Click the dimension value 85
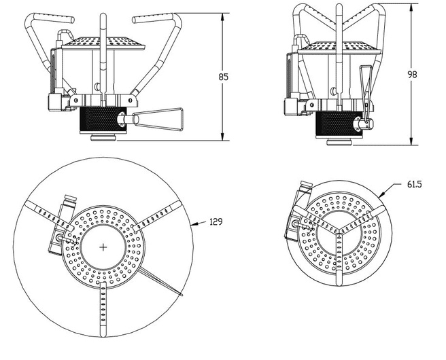pyautogui.click(x=224, y=77)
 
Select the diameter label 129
pyautogui.click(x=215, y=222)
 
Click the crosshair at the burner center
pyautogui.click(x=103, y=247)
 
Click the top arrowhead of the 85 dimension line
pyautogui.click(x=224, y=16)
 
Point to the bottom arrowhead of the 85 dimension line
pyautogui.click(x=224, y=139)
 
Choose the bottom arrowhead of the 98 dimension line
pyautogui.click(x=412, y=143)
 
